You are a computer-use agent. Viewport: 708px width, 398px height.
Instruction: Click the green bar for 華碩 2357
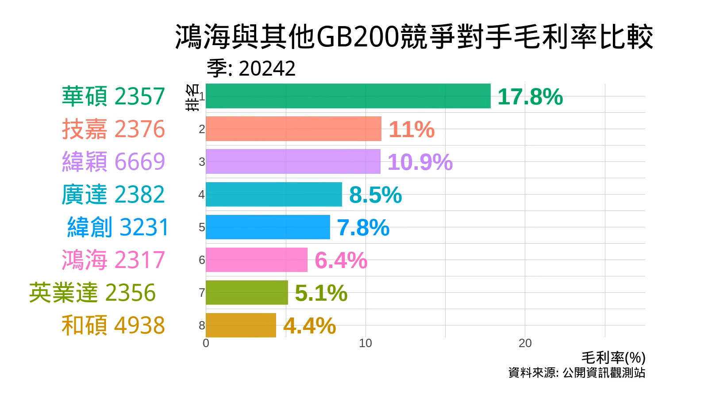click(x=348, y=96)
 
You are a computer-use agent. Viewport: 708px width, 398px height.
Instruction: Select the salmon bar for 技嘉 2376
click(x=293, y=129)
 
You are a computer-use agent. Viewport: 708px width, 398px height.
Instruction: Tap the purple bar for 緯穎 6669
click(x=293, y=161)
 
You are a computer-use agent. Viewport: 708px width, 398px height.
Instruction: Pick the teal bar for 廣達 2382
click(x=273, y=194)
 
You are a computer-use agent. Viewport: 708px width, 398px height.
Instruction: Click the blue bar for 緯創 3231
click(x=268, y=227)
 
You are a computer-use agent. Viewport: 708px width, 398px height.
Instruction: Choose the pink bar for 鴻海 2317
click(x=256, y=260)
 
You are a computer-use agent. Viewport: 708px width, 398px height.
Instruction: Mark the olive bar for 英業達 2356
click(x=246, y=292)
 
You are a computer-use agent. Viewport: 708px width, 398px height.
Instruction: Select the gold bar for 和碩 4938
click(x=241, y=325)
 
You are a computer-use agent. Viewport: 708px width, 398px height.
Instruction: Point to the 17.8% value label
click(x=530, y=97)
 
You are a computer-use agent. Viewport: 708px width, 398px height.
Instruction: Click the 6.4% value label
click(x=341, y=260)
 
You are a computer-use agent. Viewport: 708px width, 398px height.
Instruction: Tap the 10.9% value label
click(x=419, y=162)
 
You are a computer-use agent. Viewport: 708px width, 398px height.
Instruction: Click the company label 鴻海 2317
click(x=113, y=260)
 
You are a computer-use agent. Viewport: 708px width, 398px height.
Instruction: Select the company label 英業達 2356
click(x=92, y=292)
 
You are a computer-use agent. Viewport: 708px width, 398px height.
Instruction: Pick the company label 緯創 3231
click(x=118, y=227)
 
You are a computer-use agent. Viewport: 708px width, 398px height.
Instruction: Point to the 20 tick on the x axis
click(x=525, y=344)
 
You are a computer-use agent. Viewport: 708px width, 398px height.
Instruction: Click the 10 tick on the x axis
click(x=365, y=344)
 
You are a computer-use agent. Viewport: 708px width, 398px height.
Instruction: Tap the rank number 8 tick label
click(x=202, y=325)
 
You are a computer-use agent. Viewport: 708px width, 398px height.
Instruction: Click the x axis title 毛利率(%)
click(x=613, y=357)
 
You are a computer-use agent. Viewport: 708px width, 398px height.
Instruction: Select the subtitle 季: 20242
click(x=251, y=69)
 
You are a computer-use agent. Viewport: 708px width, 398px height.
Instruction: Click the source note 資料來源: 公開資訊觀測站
click(x=577, y=372)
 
